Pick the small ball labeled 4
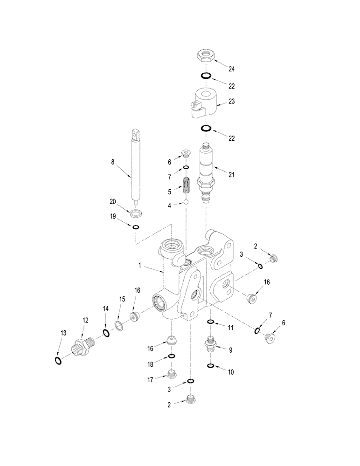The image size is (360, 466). (x=186, y=202)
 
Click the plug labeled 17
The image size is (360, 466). (x=172, y=374)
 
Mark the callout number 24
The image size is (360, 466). (x=231, y=69)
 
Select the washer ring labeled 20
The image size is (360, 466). (x=136, y=213)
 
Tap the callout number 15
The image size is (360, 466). (x=122, y=299)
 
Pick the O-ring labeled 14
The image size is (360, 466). (x=106, y=333)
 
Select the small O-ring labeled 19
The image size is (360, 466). (x=136, y=227)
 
